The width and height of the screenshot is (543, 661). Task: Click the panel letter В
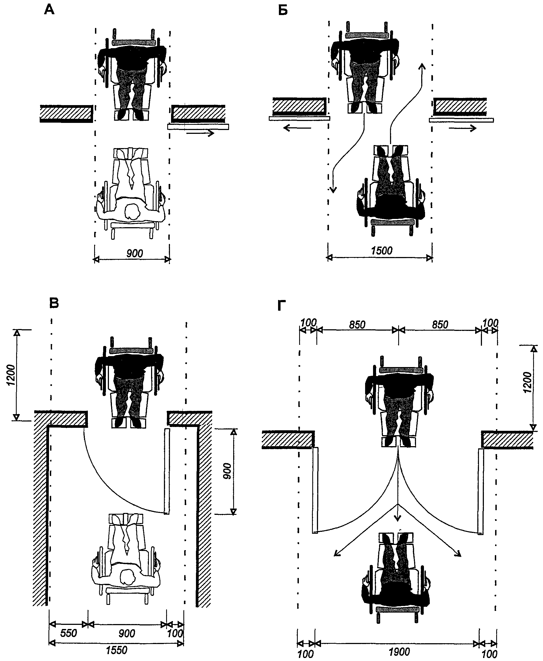click(x=54, y=303)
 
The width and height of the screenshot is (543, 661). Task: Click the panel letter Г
click(x=282, y=307)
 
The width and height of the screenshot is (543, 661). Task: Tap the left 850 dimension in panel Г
click(x=357, y=325)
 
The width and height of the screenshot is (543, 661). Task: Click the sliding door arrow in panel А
click(x=200, y=133)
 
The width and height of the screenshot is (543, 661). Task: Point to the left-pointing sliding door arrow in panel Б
click(x=298, y=128)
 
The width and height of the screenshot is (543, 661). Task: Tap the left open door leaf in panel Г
click(x=315, y=490)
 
